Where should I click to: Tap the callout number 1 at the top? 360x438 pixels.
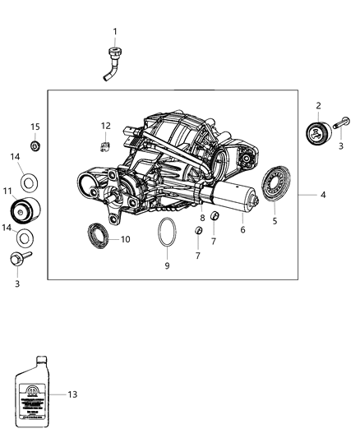[x=115, y=31]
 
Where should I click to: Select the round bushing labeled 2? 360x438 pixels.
[x=316, y=133]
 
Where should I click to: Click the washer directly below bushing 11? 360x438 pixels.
[x=26, y=239]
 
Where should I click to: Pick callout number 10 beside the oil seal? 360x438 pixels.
[x=125, y=240]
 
